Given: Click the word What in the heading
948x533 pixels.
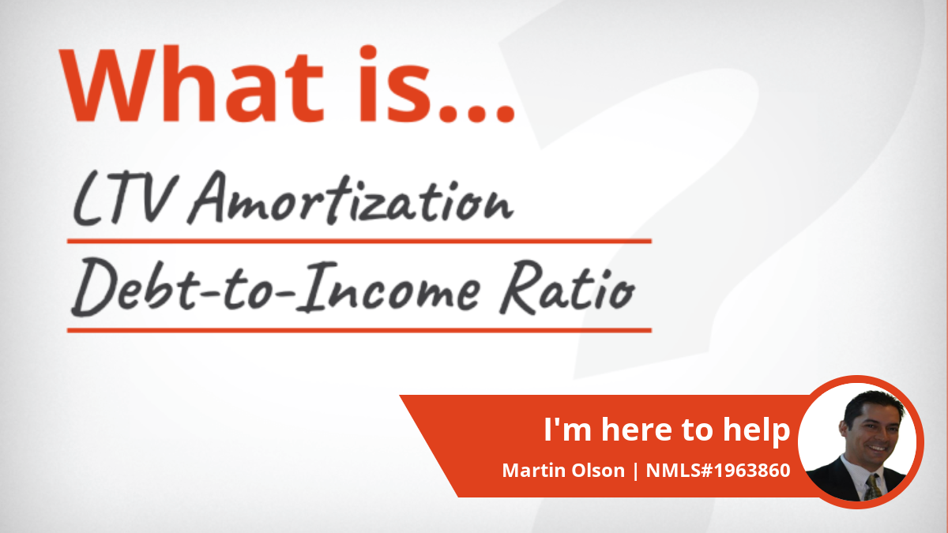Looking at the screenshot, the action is pyautogui.click(x=191, y=85).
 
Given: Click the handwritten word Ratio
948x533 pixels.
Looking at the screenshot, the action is pyautogui.click(x=567, y=287).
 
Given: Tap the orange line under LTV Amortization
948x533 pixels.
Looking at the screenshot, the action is pyautogui.click(x=359, y=241).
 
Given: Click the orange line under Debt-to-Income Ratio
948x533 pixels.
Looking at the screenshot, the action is pyautogui.click(x=359, y=330).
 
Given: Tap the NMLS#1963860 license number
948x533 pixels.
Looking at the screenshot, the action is pyautogui.click(x=718, y=471).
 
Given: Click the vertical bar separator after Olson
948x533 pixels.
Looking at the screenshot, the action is pyautogui.click(x=636, y=471).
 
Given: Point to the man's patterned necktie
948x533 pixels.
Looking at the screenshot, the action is pyautogui.click(x=872, y=486).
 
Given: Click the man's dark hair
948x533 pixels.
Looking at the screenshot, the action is pyautogui.click(x=873, y=404).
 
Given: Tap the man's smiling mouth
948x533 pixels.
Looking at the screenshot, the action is pyautogui.click(x=877, y=448).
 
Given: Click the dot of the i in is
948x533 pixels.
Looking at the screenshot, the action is pyautogui.click(x=368, y=52).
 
